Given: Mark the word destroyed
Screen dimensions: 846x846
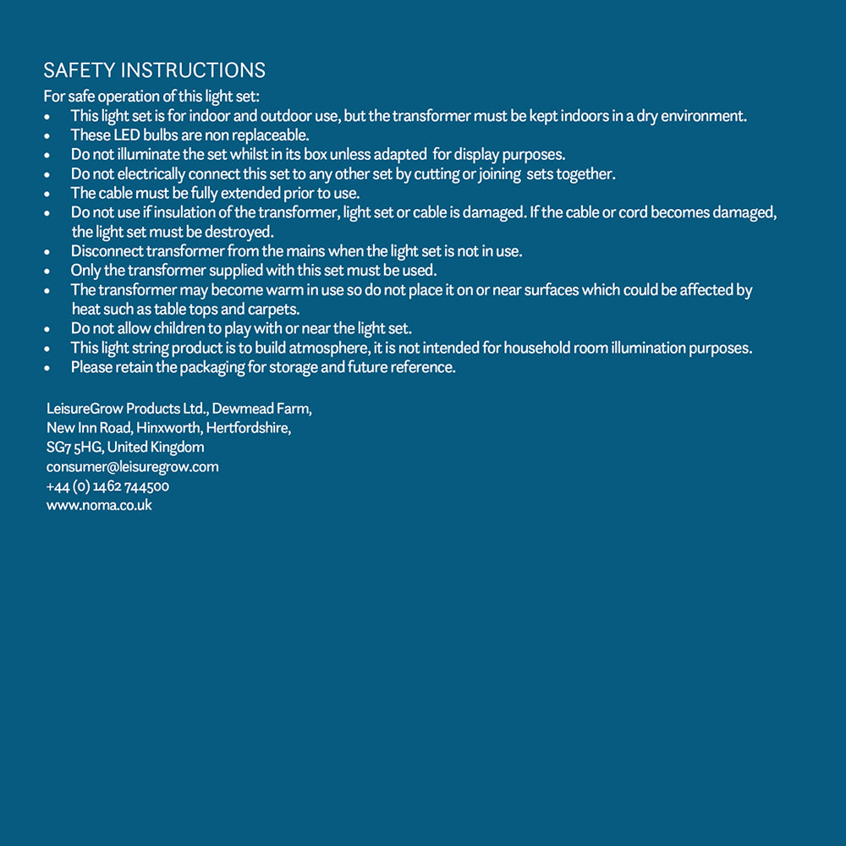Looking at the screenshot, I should [239, 232].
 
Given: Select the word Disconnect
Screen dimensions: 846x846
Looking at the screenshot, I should [107, 251].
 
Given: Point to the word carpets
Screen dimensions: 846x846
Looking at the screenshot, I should [273, 309].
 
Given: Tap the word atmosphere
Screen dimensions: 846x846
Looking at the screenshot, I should [325, 348].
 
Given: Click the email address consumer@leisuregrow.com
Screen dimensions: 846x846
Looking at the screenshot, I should [133, 467].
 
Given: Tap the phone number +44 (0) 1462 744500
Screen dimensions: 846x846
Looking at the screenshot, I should [108, 486].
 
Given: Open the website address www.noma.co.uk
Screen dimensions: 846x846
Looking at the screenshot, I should [100, 506].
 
